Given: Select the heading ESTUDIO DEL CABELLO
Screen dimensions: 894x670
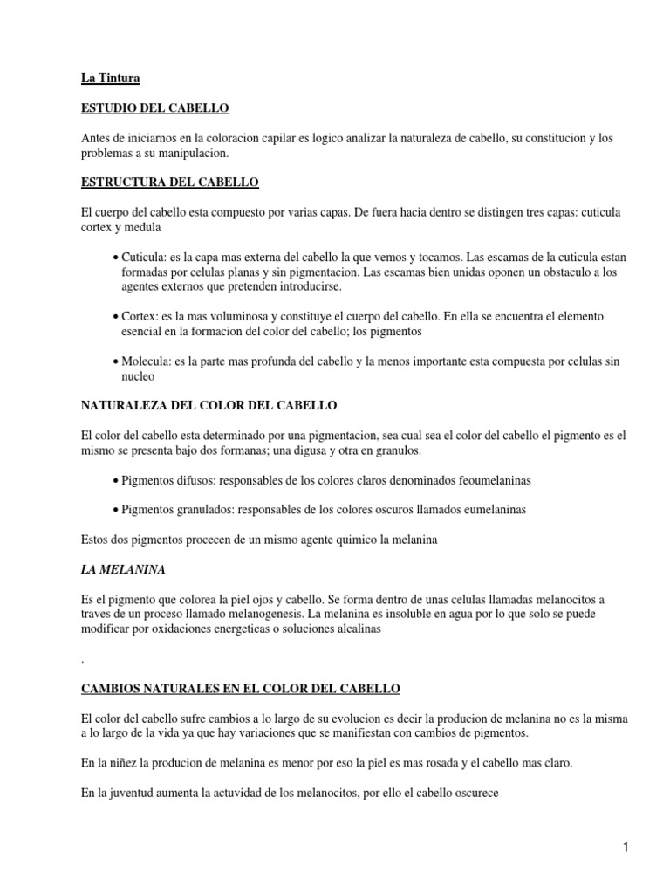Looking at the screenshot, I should point(154,108).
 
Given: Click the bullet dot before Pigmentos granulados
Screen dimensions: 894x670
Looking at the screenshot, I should point(116,510).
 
